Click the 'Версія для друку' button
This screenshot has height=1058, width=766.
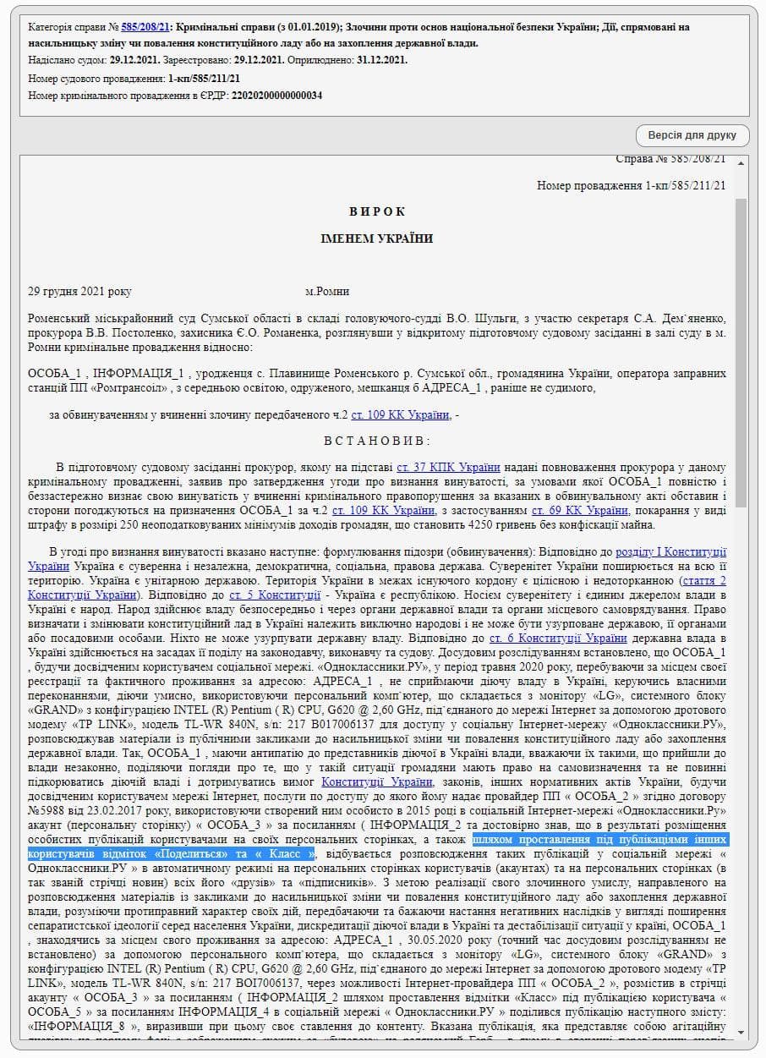pos(692,135)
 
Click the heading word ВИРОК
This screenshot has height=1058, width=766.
pos(377,211)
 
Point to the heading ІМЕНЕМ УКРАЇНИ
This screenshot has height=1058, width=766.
pos(377,238)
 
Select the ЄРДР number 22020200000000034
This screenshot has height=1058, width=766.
pos(276,95)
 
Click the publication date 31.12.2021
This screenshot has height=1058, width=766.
pos(382,60)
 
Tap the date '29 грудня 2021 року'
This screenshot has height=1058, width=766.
pos(80,292)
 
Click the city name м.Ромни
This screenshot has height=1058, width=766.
pos(327,292)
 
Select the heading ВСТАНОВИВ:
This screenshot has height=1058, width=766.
pos(377,441)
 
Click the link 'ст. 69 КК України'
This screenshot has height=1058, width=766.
pos(580,511)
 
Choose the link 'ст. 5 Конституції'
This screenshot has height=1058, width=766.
pos(276,595)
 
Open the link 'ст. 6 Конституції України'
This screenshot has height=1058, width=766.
pos(558,639)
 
